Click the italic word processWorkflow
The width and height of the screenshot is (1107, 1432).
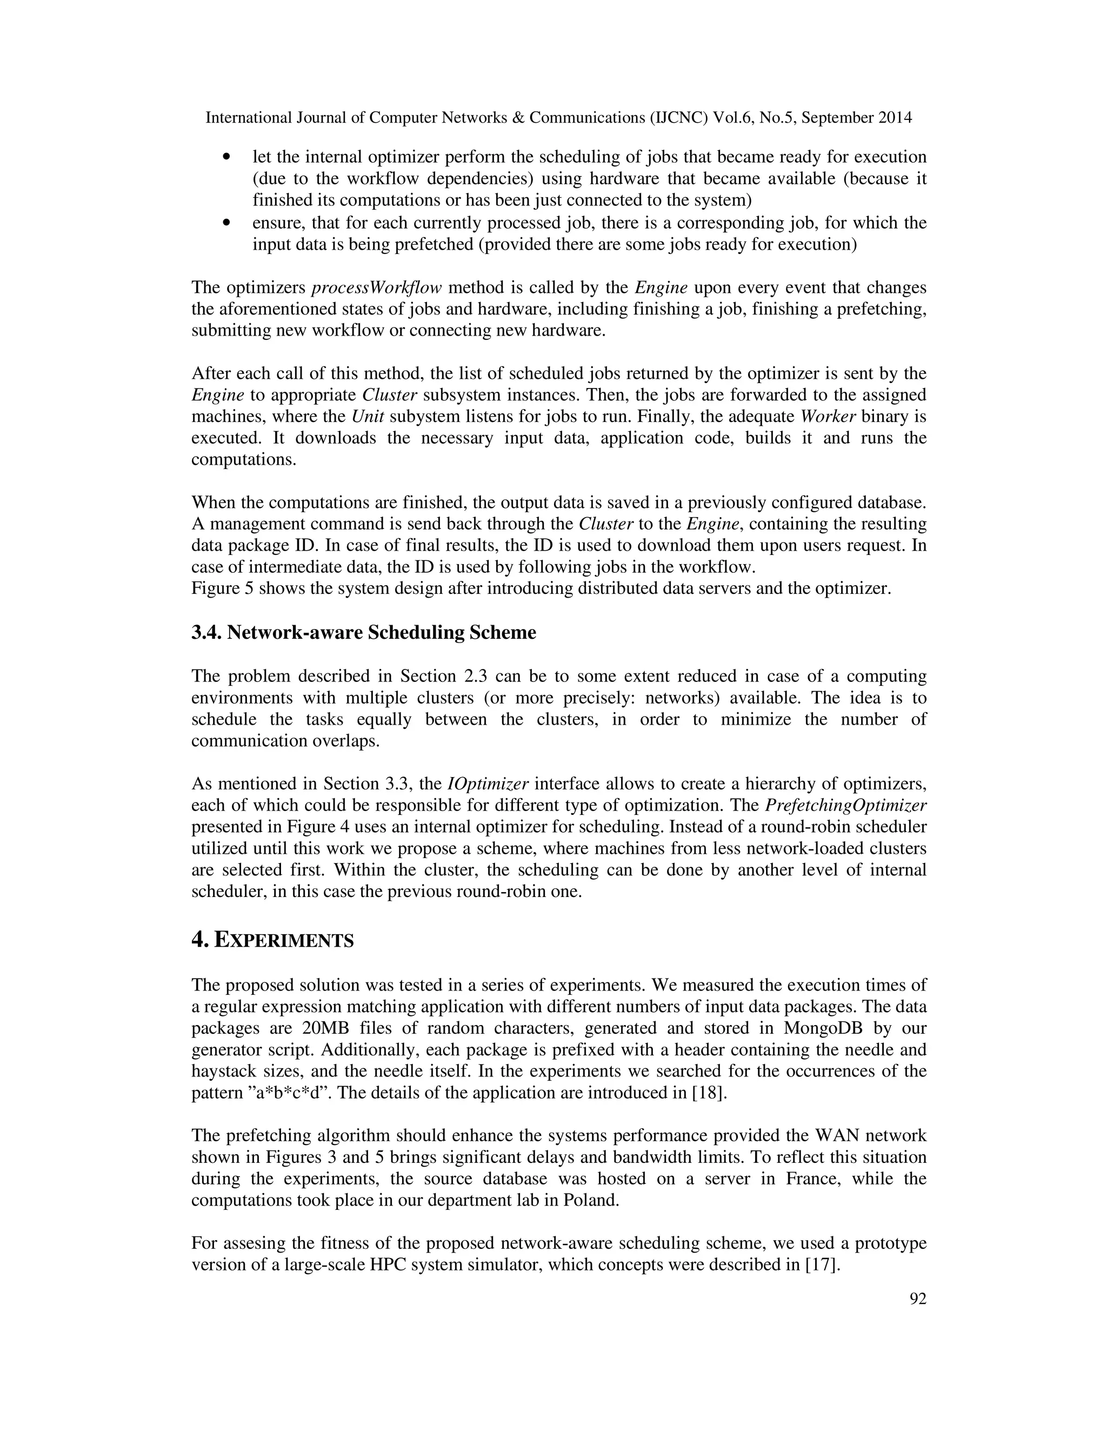point(376,288)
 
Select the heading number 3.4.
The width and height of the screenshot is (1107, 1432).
point(206,633)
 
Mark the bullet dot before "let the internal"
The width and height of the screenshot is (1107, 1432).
point(227,157)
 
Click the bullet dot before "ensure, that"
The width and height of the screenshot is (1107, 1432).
point(227,223)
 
